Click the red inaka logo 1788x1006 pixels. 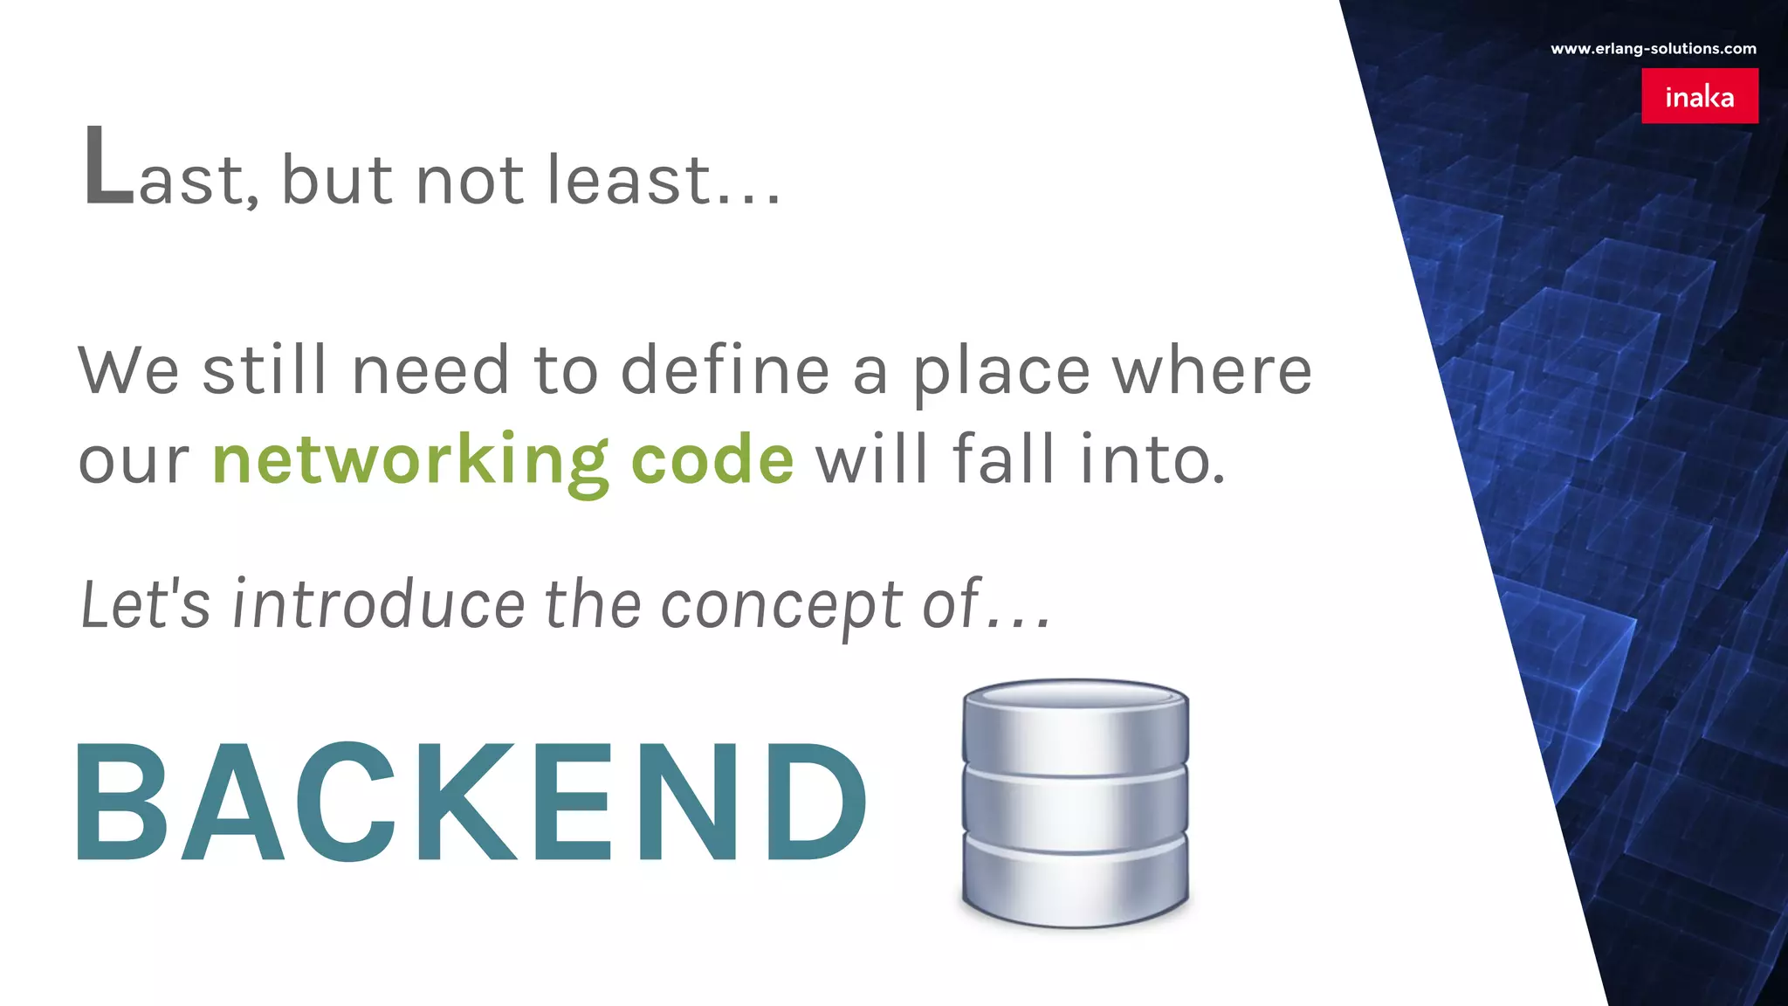coord(1699,96)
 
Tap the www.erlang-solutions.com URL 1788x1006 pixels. coord(1653,49)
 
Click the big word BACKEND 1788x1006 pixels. coord(471,802)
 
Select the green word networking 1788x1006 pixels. coord(410,459)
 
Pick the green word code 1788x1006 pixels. coord(712,459)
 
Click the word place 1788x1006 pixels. coord(1001,371)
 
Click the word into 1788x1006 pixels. coord(1152,459)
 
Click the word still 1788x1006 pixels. coord(265,369)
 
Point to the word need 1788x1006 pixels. coord(430,369)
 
